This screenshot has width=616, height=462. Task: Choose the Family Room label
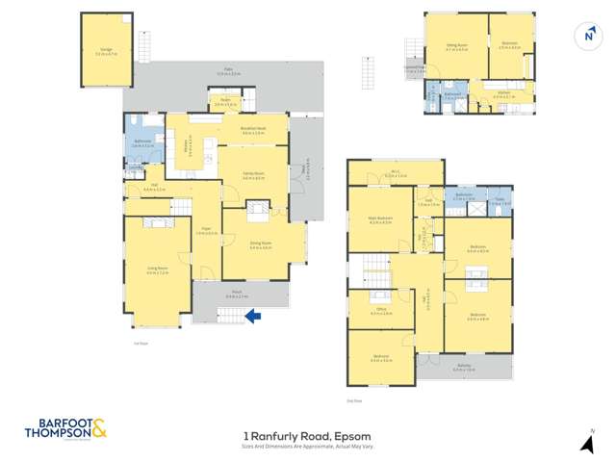pyautogui.click(x=252, y=176)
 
